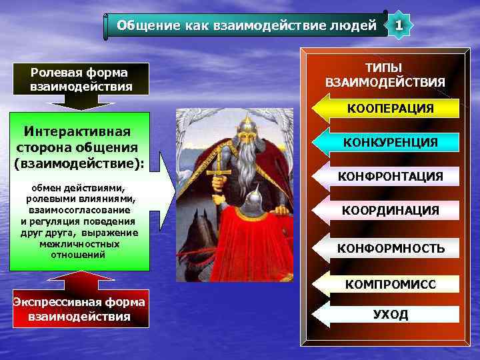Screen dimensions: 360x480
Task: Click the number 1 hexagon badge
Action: click(x=399, y=26)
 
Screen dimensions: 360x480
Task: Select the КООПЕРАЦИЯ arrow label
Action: click(x=390, y=108)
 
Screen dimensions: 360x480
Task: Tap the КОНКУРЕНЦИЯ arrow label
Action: click(x=390, y=142)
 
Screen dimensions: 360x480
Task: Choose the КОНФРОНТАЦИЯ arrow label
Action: click(x=390, y=177)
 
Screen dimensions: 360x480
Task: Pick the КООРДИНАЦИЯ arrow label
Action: click(x=390, y=211)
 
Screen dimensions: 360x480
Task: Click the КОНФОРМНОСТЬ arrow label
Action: click(x=390, y=249)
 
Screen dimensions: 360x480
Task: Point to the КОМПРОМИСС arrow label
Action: click(x=390, y=285)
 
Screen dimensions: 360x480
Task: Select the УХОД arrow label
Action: click(x=390, y=315)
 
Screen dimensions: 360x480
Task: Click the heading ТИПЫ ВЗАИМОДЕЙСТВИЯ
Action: click(x=385, y=75)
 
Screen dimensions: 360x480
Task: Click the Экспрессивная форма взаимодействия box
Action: click(x=79, y=309)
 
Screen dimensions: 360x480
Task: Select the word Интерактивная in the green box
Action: click(x=77, y=132)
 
